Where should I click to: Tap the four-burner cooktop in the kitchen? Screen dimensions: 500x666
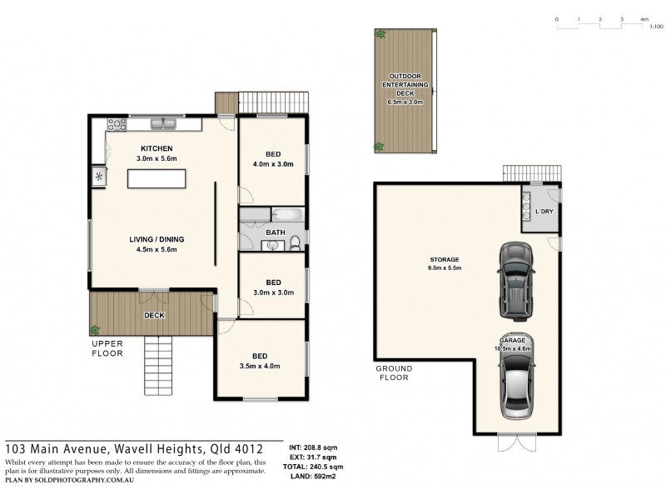(x=116, y=125)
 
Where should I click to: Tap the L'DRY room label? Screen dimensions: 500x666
(x=544, y=212)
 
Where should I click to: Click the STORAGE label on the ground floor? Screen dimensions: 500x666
(x=445, y=259)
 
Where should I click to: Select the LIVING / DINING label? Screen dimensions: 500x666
(x=157, y=239)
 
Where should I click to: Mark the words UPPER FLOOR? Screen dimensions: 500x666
(x=107, y=348)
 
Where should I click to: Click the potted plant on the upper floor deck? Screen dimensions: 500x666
(x=96, y=329)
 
